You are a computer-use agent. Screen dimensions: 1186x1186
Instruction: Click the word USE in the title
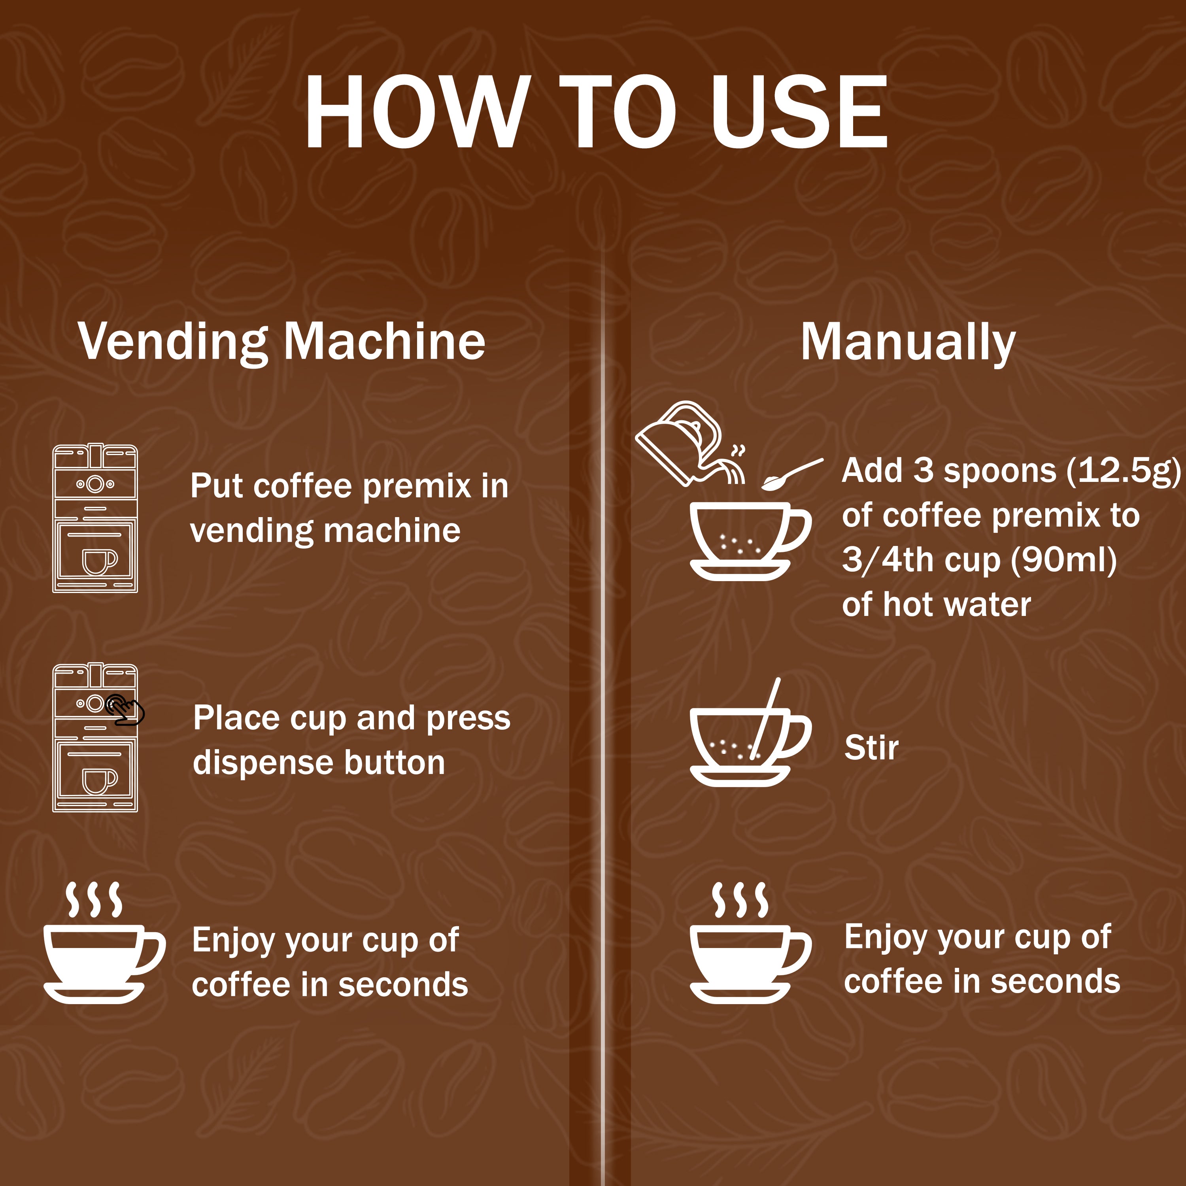click(798, 112)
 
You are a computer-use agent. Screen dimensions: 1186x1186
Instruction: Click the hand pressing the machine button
click(125, 711)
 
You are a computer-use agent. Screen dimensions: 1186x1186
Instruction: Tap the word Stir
click(871, 748)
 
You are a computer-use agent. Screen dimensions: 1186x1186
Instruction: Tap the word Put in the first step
click(217, 486)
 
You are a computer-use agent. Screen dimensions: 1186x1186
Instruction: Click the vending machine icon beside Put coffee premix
click(95, 519)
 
